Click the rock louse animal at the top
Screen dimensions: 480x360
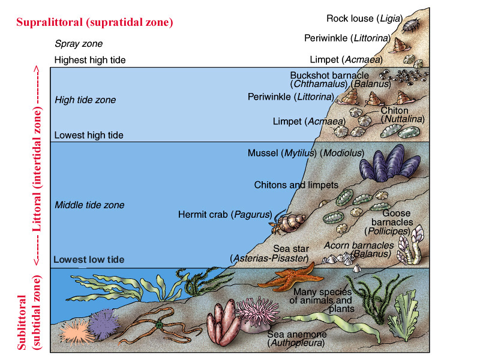[x=411, y=25]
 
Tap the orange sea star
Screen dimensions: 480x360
[x=289, y=278]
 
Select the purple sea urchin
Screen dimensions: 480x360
[x=104, y=324]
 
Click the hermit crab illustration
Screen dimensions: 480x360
[x=286, y=223]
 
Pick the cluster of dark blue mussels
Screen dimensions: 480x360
[x=390, y=164]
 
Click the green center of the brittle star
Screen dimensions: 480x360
[x=159, y=325]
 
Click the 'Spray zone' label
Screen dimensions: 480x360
[x=79, y=44]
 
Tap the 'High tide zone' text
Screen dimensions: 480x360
[x=85, y=100]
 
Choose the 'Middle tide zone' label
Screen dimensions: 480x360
[x=89, y=205]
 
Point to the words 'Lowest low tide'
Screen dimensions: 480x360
[x=89, y=260]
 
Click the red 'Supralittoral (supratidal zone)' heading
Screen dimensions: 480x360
[x=95, y=22]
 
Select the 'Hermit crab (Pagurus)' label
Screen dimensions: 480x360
[x=225, y=215]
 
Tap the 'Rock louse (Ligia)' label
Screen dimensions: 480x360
[x=364, y=19]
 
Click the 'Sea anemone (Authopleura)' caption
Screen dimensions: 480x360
[x=296, y=338]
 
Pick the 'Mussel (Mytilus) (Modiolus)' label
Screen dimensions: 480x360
[x=306, y=153]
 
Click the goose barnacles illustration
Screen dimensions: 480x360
[x=411, y=245]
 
